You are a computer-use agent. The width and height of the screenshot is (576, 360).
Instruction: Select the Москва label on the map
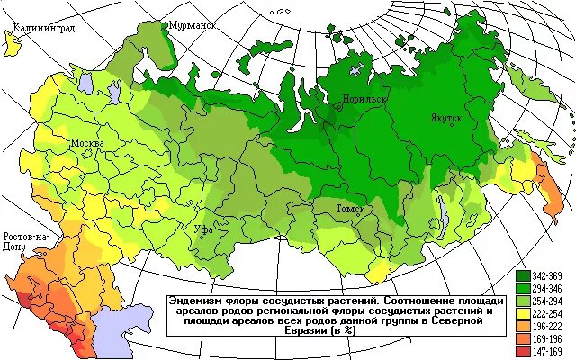87,144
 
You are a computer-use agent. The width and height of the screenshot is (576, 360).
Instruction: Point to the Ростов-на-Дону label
24,240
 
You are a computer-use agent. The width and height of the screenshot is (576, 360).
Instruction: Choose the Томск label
349,210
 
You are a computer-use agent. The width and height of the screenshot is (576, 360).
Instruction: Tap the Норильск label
364,98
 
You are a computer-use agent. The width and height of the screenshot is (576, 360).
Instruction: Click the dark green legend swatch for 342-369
522,274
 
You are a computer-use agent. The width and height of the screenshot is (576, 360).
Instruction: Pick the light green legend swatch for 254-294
522,299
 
